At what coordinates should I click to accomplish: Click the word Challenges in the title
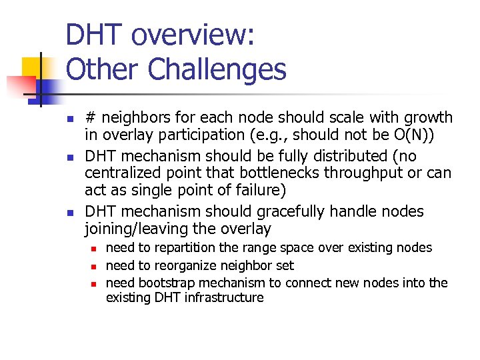pyautogui.click(x=217, y=69)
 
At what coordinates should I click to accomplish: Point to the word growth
pyautogui.click(x=426, y=118)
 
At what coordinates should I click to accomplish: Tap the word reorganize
pyautogui.click(x=179, y=265)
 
